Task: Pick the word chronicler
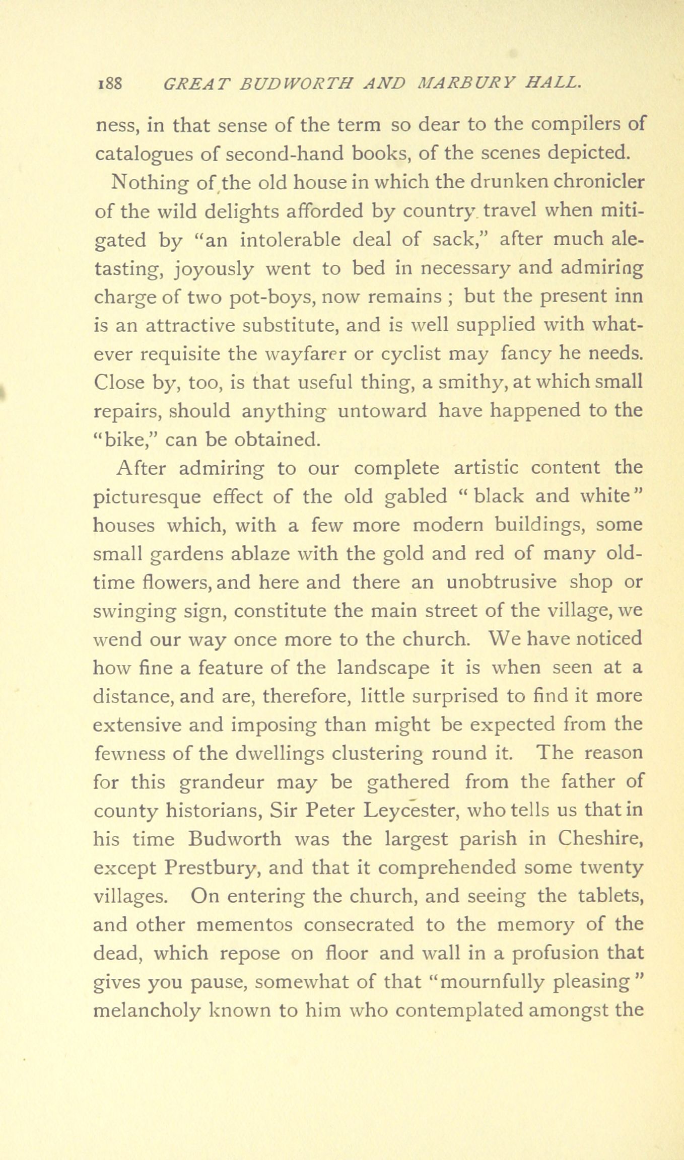598,182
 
